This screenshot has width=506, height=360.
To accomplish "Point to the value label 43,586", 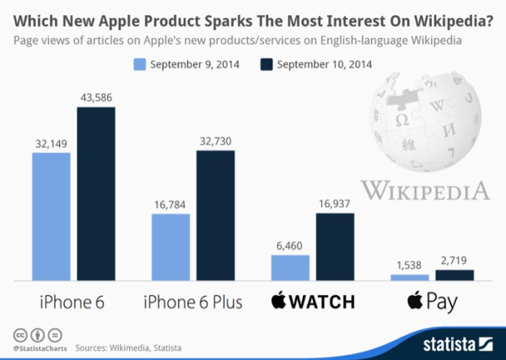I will tap(95, 98).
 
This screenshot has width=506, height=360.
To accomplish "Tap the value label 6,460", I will tap(290, 245).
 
